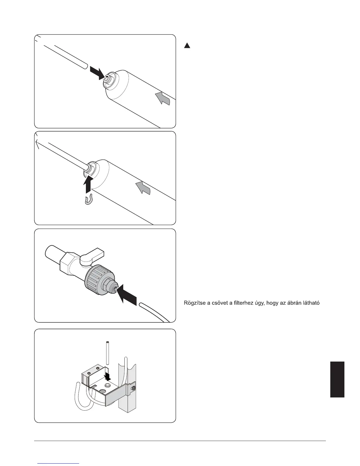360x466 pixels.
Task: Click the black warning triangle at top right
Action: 187,46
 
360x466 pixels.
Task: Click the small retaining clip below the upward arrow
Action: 89,200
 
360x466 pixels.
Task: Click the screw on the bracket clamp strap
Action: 134,389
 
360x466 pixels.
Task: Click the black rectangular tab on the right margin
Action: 337,380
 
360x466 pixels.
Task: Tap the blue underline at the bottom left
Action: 59,463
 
